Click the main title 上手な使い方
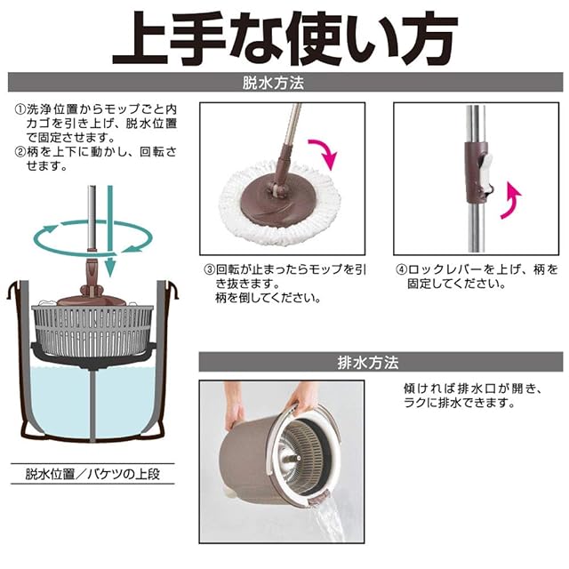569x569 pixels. tap(285, 38)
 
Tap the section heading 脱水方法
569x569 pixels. tap(273, 83)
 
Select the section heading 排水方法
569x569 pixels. tap(368, 362)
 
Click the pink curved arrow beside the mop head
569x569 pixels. tap(324, 152)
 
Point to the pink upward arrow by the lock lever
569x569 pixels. tap(509, 202)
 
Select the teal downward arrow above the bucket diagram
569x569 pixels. tap(110, 231)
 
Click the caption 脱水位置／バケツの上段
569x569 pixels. tap(92, 474)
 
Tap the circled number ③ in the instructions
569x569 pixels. tap(209, 269)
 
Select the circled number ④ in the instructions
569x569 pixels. tap(401, 269)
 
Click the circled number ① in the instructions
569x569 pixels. tap(20, 109)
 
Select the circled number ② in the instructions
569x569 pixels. tap(20, 152)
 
